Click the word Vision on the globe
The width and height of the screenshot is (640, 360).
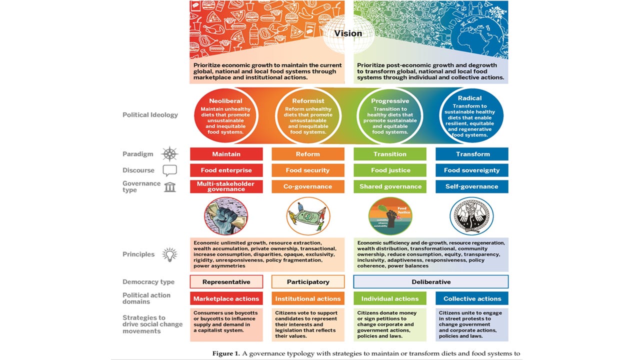pos(348,34)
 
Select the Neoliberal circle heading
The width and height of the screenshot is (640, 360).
pos(226,100)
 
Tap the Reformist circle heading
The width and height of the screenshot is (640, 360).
pos(307,100)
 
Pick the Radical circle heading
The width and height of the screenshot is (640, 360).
pos(469,98)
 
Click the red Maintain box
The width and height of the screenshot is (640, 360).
pos(226,154)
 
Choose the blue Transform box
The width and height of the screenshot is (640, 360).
pos(472,154)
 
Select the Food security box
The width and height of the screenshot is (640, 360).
pos(307,170)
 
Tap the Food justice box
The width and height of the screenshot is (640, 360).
pos(390,170)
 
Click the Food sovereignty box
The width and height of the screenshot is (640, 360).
pos(472,170)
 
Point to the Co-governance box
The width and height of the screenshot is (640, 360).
pos(307,186)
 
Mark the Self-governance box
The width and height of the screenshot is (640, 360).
pos(472,186)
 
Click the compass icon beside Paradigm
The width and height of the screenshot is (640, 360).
pos(169,154)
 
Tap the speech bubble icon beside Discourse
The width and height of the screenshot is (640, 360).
pos(169,170)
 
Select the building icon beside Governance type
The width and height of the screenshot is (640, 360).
pos(169,187)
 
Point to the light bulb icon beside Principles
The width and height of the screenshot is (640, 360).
pos(169,254)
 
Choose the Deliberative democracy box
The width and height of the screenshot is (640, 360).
pos(431,282)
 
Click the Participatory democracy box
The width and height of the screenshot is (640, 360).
pos(307,282)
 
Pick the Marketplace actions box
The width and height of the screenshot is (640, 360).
pos(226,298)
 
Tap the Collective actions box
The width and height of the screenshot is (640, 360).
pos(472,298)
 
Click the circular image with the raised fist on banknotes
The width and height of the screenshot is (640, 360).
pos(226,216)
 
